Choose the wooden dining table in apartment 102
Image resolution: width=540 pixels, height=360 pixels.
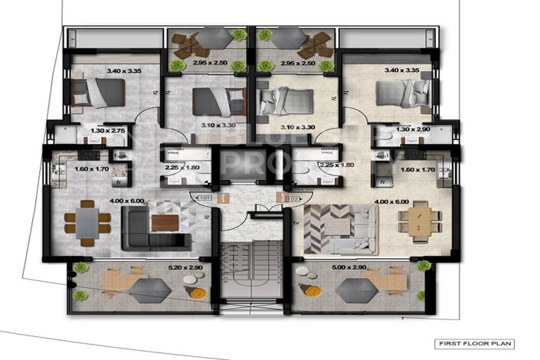coord(420,221)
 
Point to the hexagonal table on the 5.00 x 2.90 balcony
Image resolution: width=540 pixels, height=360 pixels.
coord(355,290)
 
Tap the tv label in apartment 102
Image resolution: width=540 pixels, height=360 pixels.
coord(296,223)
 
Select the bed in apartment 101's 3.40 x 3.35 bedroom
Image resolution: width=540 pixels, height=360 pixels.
coord(97,92)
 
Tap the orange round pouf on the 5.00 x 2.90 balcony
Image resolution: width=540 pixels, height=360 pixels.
coord(312,290)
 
